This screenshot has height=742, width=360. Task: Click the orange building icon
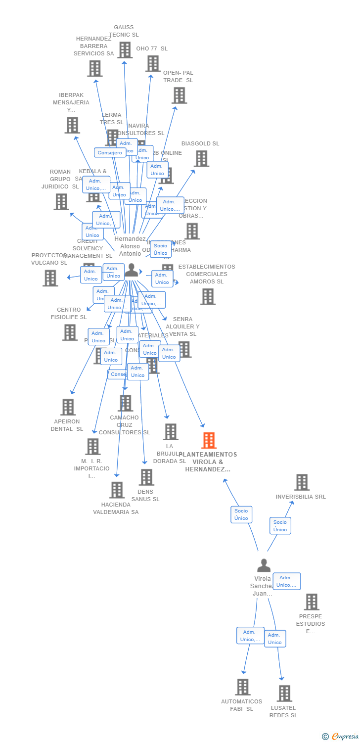pyautogui.click(x=209, y=440)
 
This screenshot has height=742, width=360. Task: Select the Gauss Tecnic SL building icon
pyautogui.click(x=125, y=50)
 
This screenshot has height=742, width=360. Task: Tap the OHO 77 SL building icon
pyautogui.click(x=153, y=63)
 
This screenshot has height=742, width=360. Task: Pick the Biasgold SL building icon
pyautogui.click(x=201, y=158)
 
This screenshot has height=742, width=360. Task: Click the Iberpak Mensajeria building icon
pyautogui.click(x=72, y=125)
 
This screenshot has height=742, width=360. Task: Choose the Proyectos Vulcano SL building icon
pyautogui.click(x=50, y=278)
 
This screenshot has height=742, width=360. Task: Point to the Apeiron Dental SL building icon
pyautogui.click(x=68, y=407)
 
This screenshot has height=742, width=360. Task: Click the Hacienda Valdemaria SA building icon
pyautogui.click(x=117, y=490)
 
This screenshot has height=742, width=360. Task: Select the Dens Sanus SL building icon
pyautogui.click(x=146, y=477)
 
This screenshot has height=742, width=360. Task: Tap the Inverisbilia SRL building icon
pyautogui.click(x=302, y=482)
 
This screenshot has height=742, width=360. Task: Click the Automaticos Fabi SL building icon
pyautogui.click(x=242, y=687)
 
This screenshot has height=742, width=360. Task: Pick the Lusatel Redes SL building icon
pyautogui.click(x=284, y=693)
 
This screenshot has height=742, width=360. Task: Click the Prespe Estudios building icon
pyautogui.click(x=311, y=602)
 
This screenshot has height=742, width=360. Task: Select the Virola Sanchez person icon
pyautogui.click(x=264, y=565)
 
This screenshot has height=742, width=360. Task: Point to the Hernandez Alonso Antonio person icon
pyautogui.click(x=132, y=270)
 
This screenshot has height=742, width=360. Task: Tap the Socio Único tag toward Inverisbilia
pyautogui.click(x=280, y=526)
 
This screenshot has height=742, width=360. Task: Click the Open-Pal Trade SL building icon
pyautogui.click(x=179, y=95)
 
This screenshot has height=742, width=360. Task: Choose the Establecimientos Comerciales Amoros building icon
pyautogui.click(x=208, y=296)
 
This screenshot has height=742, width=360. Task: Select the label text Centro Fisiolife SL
pyautogui.click(x=69, y=314)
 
